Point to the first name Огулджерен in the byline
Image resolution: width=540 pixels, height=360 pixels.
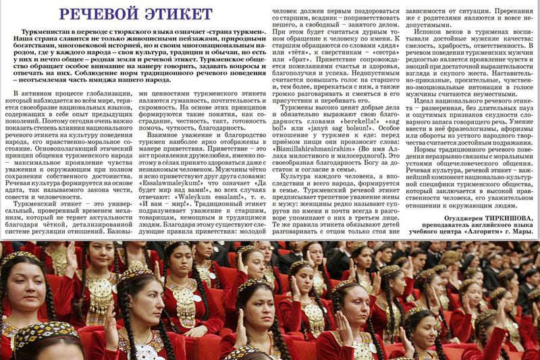[451, 218]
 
